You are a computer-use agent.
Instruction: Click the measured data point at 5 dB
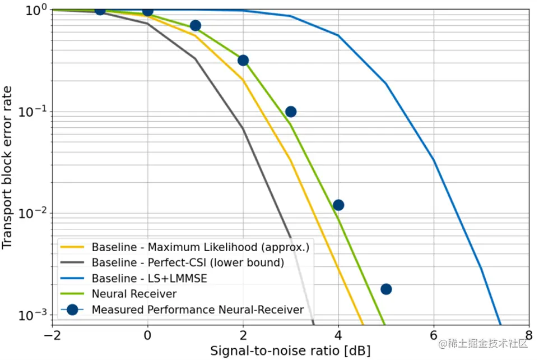tap(386, 289)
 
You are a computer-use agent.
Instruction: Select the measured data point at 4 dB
tap(338, 205)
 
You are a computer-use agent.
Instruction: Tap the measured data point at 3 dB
tap(291, 112)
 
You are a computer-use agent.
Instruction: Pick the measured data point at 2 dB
tap(243, 61)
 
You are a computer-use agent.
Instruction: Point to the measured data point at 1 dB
tap(196, 26)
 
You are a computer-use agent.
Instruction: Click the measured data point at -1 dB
tap(100, 10)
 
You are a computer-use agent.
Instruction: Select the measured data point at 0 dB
tap(148, 11)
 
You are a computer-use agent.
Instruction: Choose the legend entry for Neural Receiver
tap(134, 294)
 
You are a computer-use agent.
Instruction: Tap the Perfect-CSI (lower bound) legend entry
tap(188, 262)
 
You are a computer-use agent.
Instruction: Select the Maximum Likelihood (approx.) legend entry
tap(201, 247)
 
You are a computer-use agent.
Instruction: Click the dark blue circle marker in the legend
tap(72, 310)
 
